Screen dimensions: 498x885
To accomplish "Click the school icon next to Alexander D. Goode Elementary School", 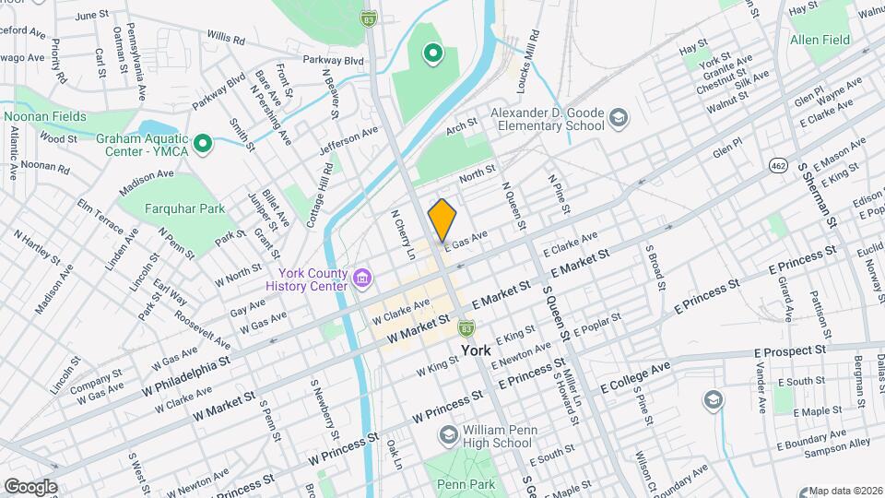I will pos(618,118).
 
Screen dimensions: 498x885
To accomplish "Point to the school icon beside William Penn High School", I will pos(447,434).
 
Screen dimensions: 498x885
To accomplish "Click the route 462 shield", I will pos(779,164).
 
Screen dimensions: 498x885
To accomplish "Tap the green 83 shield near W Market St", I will pos(468,327).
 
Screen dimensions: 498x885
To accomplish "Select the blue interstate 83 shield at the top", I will pos(369,18).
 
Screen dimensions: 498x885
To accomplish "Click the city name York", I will pos(476,351).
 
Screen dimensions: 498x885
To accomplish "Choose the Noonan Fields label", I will pos(44,116).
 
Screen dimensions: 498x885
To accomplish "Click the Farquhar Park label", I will pos(185,208).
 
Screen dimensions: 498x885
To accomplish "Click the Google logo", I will pos(29,486).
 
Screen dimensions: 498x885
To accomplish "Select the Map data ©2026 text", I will pos(844,491).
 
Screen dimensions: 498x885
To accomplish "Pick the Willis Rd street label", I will pos(226,39).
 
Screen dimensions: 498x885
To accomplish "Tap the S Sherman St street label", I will pos(816,194).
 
